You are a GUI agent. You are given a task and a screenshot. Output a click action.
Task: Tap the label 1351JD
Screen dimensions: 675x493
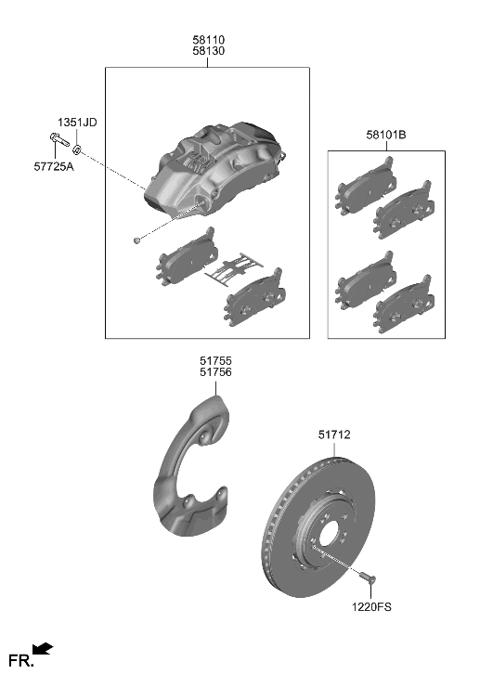(77, 123)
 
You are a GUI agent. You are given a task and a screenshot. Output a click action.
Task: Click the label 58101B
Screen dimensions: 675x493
(385, 136)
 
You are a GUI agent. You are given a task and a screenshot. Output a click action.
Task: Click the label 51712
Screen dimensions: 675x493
(334, 435)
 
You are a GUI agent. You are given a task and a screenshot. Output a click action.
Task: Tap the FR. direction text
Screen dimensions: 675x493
(19, 660)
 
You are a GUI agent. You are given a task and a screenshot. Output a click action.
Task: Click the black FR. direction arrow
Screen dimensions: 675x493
(43, 650)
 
